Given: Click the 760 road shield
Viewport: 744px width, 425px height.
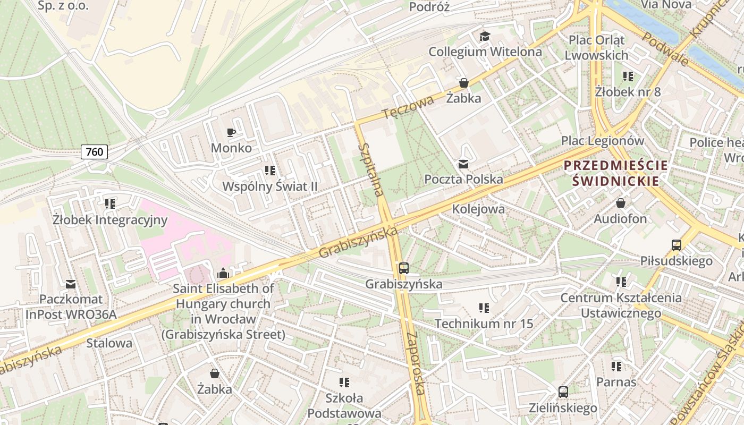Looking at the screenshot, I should tap(95, 152).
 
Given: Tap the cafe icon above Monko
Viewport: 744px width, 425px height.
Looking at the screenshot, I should tap(231, 132).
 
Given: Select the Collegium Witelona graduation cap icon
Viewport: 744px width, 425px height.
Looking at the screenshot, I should tap(485, 36).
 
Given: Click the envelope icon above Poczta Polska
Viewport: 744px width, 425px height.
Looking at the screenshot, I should tap(463, 164).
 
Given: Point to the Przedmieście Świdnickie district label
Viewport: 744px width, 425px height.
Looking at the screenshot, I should tap(615, 173).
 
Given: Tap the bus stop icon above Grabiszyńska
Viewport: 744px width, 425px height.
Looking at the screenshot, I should tap(404, 268).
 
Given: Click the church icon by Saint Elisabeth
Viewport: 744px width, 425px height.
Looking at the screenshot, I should tap(223, 273).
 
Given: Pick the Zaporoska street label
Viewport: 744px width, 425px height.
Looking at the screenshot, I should tap(415, 364).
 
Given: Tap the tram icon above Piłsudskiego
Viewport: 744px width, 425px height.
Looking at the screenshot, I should tap(676, 245).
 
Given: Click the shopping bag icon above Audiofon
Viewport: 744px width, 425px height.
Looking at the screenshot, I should tap(620, 203).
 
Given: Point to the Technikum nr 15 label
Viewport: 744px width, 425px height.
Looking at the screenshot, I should tap(484, 324).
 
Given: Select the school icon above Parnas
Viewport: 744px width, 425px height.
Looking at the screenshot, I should tap(616, 366).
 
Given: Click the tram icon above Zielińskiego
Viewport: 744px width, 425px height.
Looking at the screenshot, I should tap(563, 393).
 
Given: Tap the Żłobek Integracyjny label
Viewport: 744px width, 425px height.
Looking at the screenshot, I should tap(110, 219).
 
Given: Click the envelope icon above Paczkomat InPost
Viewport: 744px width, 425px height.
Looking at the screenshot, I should tap(70, 284).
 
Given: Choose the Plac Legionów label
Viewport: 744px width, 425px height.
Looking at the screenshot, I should tap(603, 141).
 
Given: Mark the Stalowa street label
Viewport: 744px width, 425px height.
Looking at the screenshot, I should tap(109, 343).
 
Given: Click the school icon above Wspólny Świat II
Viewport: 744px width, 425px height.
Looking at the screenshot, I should tap(269, 171).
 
